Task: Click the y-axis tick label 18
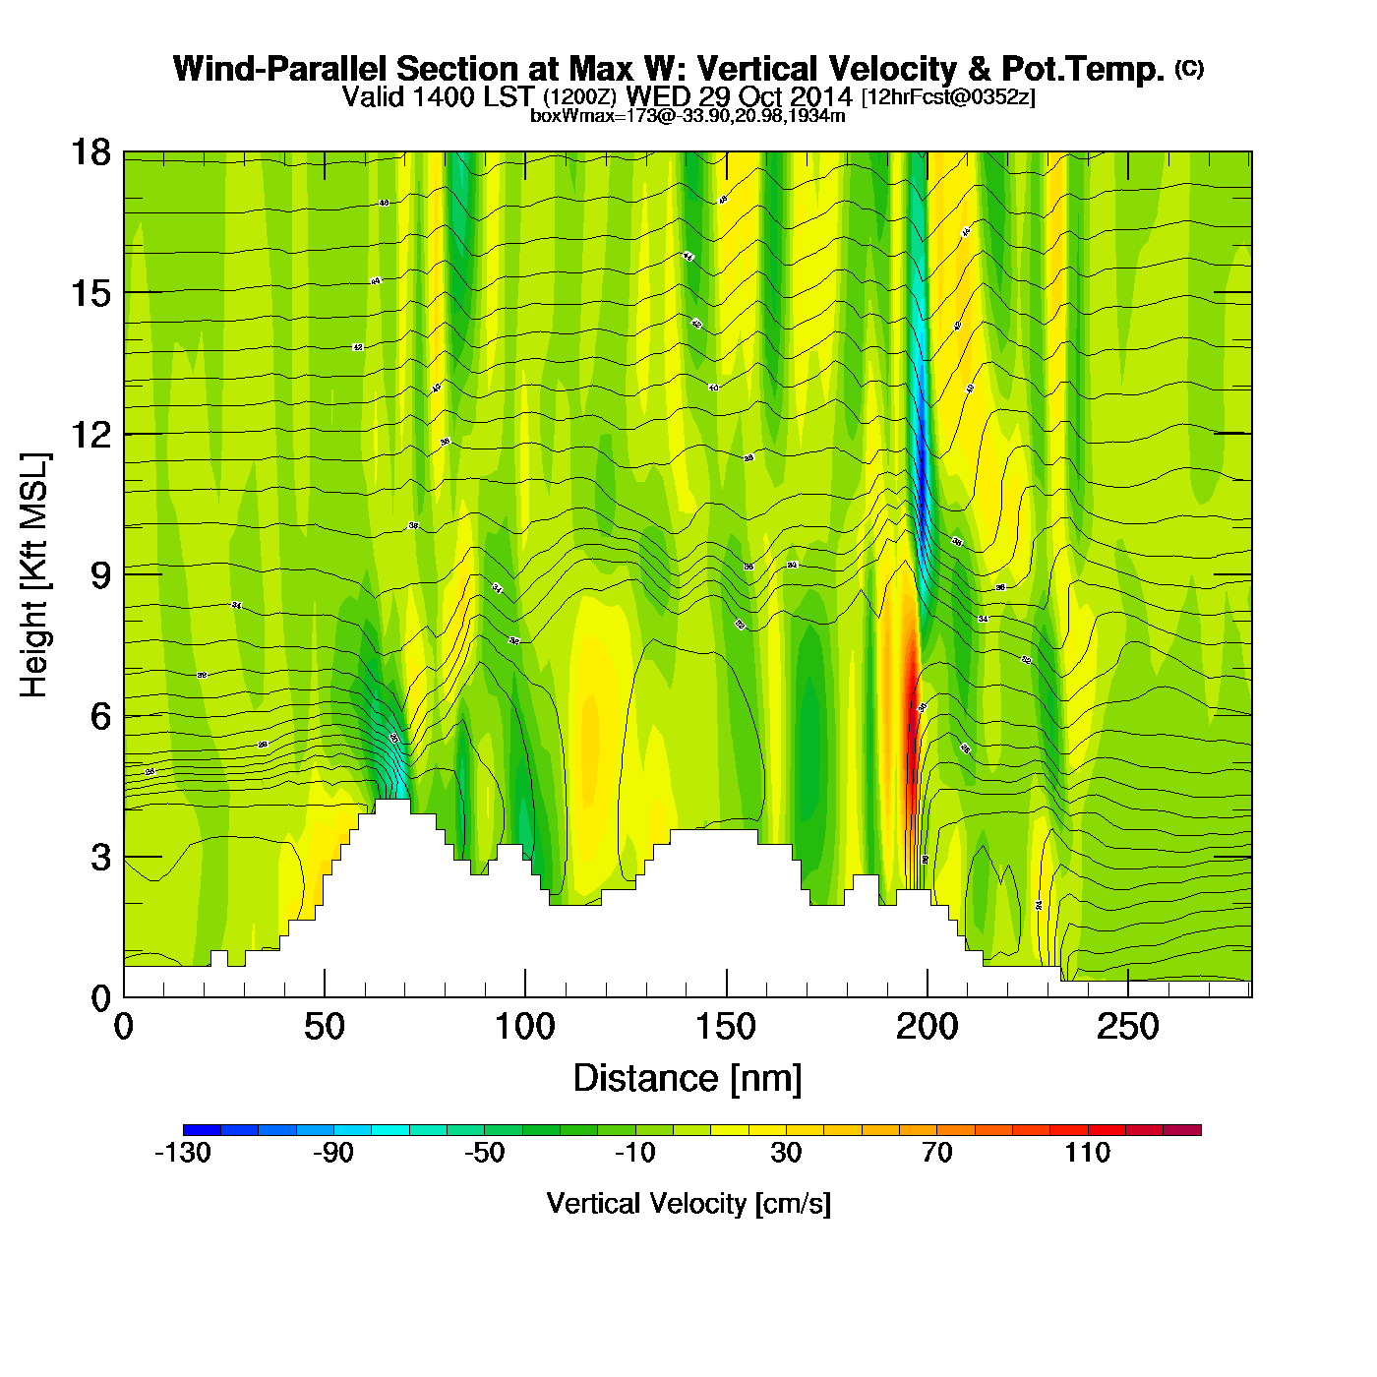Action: (x=90, y=152)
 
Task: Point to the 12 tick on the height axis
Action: (x=90, y=434)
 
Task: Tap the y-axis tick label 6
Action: (x=100, y=716)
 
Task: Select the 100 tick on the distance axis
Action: (x=524, y=1027)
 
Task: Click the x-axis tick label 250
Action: (x=1127, y=1027)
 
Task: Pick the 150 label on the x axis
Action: (x=726, y=1027)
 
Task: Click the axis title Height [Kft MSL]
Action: (x=34, y=575)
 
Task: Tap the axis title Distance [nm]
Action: (x=688, y=1079)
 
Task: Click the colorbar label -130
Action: (x=183, y=1153)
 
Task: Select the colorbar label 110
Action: (x=1087, y=1153)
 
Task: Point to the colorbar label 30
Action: (x=786, y=1153)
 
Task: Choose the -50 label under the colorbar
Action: (x=484, y=1153)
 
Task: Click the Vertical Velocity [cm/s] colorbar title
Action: (x=688, y=1203)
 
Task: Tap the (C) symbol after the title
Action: (x=1189, y=68)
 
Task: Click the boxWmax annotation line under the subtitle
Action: (x=688, y=116)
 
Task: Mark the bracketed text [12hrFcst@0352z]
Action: (x=948, y=97)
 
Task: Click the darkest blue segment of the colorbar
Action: (x=202, y=1130)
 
